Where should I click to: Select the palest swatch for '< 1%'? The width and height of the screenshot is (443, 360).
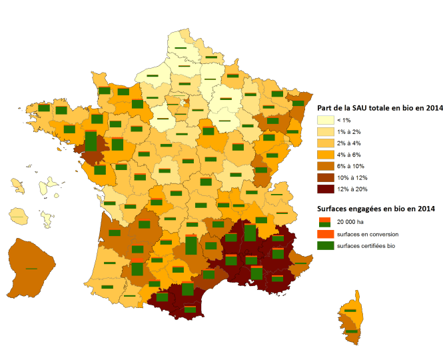click(x=325, y=120)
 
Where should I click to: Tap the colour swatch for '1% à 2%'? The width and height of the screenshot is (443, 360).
click(x=325, y=131)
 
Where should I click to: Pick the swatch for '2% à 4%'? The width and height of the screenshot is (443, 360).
click(x=325, y=143)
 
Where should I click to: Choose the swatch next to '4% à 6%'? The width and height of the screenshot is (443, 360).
click(x=325, y=155)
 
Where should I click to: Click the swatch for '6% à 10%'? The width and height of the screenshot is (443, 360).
click(x=325, y=166)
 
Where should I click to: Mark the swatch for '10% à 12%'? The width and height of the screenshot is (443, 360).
click(x=325, y=178)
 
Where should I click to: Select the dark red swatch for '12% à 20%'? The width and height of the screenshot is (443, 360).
click(x=325, y=189)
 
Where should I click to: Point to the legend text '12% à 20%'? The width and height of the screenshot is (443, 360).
click(x=348, y=189)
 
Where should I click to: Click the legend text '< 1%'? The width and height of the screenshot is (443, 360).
click(x=343, y=120)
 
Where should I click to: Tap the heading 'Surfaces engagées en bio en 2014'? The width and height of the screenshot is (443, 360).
click(x=376, y=209)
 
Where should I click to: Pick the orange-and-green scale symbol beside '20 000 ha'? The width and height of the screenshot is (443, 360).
click(x=324, y=222)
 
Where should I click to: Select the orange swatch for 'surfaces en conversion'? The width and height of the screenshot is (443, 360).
click(x=324, y=235)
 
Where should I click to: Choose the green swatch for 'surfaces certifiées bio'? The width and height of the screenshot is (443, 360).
click(x=324, y=246)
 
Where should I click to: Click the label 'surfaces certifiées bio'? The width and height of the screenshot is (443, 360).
click(x=366, y=246)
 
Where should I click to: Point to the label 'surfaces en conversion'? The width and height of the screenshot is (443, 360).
click(x=367, y=235)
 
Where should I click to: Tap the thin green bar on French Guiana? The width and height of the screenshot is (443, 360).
click(x=31, y=268)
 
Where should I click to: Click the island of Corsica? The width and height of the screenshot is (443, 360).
click(x=352, y=320)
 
